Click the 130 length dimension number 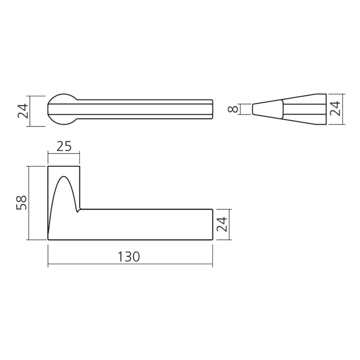129,257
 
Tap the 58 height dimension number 22,203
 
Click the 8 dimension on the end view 233,109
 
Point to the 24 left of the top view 23,111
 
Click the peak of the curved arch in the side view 64,176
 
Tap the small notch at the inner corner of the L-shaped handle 78,210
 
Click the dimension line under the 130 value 130,264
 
